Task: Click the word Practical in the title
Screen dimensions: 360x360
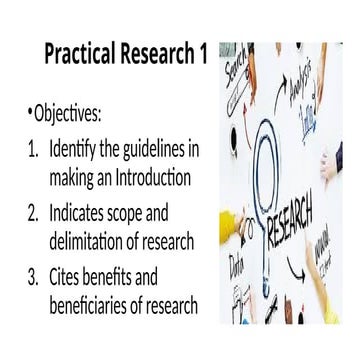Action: pos(81,56)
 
